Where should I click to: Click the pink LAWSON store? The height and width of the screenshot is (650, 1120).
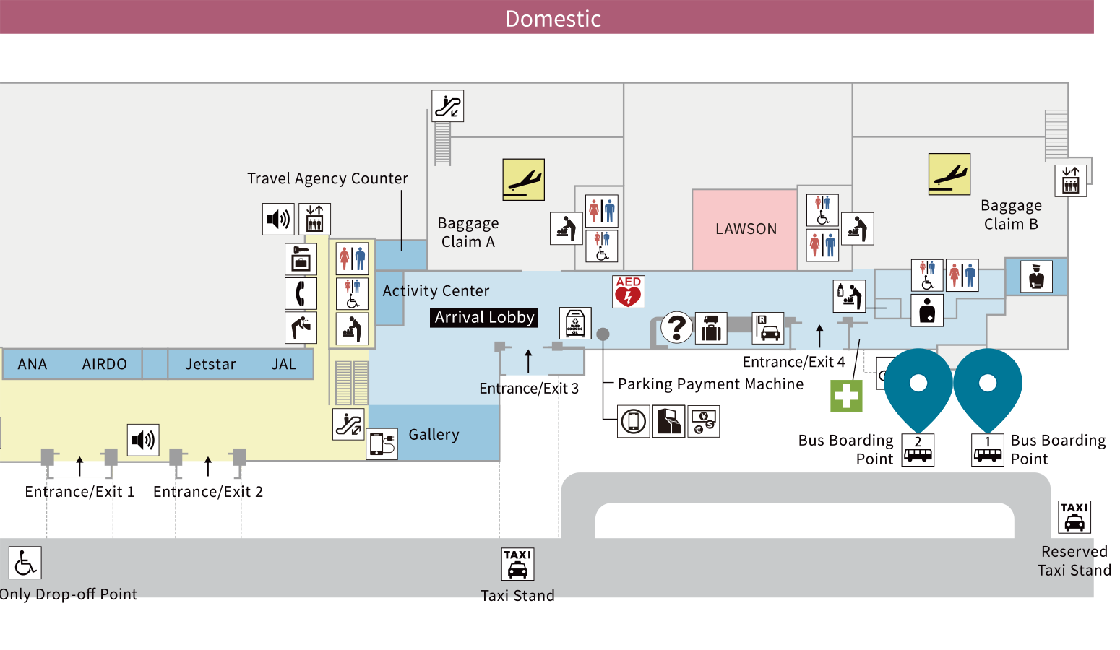pyautogui.click(x=745, y=229)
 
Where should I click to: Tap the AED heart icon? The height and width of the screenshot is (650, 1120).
pyautogui.click(x=628, y=292)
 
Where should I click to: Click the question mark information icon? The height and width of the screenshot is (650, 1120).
pyautogui.click(x=677, y=327)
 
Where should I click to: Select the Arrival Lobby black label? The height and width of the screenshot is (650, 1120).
pyautogui.click(x=484, y=318)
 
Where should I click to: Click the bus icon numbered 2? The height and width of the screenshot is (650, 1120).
pyautogui.click(x=918, y=450)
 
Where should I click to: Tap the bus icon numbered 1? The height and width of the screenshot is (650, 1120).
pyautogui.click(x=988, y=450)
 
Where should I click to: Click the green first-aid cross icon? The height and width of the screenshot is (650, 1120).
pyautogui.click(x=846, y=396)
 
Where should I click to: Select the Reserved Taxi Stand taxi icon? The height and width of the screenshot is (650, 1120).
pyautogui.click(x=1074, y=517)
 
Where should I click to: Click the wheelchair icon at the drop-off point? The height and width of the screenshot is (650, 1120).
pyautogui.click(x=25, y=563)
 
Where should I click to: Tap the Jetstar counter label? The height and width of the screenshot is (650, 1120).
pyautogui.click(x=210, y=365)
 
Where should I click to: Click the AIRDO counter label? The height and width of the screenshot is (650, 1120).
pyautogui.click(x=104, y=365)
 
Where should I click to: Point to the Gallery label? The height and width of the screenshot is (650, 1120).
pyautogui.click(x=434, y=435)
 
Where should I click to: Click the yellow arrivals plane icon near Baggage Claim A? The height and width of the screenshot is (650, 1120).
pyautogui.click(x=523, y=180)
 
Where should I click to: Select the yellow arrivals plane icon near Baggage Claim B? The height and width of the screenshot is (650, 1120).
pyautogui.click(x=949, y=174)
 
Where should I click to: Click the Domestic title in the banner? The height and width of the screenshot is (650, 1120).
pyautogui.click(x=553, y=19)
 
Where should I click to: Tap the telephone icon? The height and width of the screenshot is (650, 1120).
pyautogui.click(x=301, y=293)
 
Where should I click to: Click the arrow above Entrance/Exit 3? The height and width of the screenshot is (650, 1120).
pyautogui.click(x=528, y=360)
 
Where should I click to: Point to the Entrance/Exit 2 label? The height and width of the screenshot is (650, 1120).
pyautogui.click(x=208, y=492)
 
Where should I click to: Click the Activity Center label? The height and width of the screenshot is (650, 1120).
pyautogui.click(x=436, y=291)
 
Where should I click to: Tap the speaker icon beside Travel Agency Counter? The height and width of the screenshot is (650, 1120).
pyautogui.click(x=278, y=219)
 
